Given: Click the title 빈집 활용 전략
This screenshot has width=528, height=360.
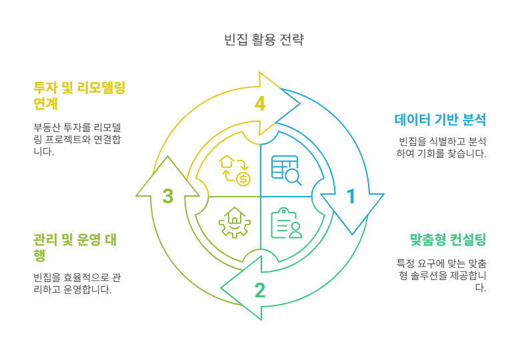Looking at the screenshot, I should (x=264, y=39).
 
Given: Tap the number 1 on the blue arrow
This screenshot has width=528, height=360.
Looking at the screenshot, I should (x=351, y=196).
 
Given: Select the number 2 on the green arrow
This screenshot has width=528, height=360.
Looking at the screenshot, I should (x=259, y=290).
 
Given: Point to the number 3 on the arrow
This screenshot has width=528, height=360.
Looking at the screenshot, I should (x=168, y=196).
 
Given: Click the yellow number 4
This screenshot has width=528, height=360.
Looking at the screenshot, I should (x=260, y=104).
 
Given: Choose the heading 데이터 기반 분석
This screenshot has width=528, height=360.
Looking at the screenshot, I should (x=440, y=121).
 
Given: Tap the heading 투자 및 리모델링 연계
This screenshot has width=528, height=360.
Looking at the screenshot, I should (x=79, y=95).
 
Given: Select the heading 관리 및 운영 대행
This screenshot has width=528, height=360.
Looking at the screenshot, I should (x=75, y=247).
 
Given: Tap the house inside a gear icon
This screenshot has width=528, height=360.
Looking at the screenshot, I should (x=234, y=223).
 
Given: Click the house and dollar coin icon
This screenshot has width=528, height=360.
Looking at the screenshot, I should (x=235, y=170).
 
